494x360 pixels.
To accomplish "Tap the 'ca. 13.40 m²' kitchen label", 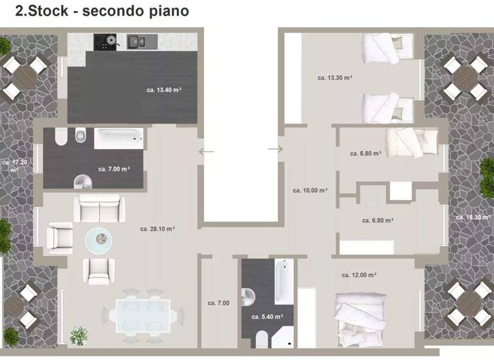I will pos(164,91).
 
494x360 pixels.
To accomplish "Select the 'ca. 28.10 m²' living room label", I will pos(158,228).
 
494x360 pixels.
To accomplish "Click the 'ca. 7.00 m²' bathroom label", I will pos(114,169).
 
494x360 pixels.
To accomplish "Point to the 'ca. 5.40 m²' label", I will pos(267,317).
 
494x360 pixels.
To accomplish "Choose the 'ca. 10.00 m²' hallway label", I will pos(310,190).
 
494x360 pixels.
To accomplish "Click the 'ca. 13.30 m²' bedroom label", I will pos(335,78).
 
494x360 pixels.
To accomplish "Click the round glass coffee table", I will pos(98,240).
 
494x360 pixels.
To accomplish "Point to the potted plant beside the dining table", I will pos(79,335).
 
